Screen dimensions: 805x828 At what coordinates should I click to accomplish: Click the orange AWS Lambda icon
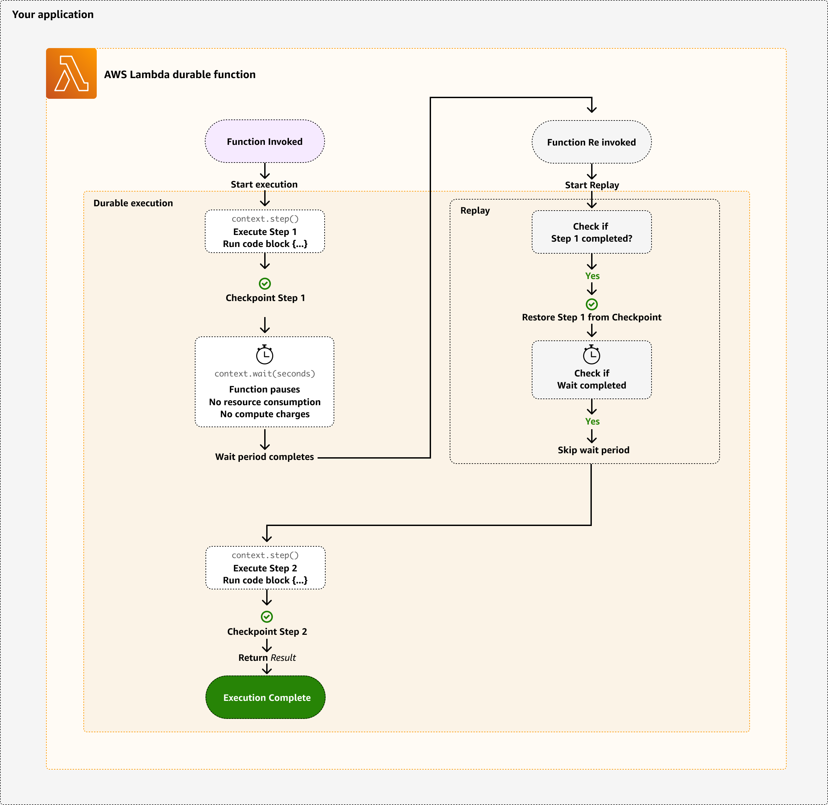tap(71, 73)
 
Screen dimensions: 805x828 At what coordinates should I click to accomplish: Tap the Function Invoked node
tap(265, 142)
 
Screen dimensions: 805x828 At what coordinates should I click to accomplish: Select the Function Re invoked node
tap(591, 143)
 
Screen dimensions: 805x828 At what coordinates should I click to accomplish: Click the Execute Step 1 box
tap(265, 232)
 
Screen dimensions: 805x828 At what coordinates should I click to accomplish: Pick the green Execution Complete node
tap(266, 697)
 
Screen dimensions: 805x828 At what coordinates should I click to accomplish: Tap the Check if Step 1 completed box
tap(591, 232)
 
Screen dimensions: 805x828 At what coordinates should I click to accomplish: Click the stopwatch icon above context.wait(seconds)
tap(265, 354)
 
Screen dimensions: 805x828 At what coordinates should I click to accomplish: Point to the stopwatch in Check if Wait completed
tap(591, 354)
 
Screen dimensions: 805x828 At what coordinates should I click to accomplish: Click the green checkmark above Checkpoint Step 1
tap(265, 284)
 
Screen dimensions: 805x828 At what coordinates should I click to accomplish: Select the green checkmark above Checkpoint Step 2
tap(267, 617)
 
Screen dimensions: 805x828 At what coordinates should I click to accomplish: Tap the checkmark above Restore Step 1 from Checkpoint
tap(591, 304)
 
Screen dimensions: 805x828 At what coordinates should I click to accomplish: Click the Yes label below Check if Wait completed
tap(592, 421)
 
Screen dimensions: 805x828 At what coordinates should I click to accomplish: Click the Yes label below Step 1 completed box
tap(592, 276)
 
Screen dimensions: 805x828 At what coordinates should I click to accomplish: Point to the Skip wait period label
tap(593, 450)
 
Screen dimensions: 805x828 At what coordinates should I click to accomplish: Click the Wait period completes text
tap(265, 457)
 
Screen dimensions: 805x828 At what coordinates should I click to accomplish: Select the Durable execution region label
tap(133, 203)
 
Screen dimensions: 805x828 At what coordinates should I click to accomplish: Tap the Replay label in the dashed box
tap(475, 211)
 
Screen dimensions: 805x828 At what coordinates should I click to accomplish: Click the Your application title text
tap(53, 14)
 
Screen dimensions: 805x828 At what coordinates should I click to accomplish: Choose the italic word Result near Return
tap(283, 658)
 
